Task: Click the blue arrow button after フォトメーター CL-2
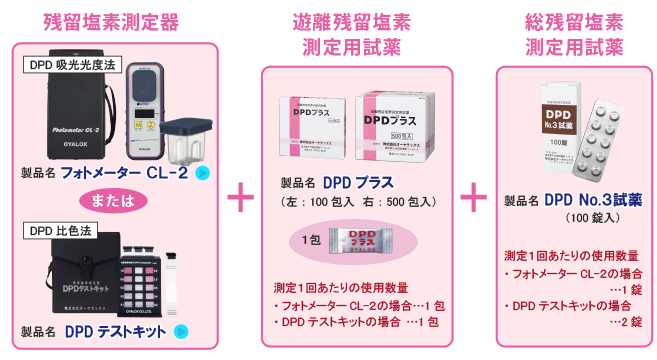[203, 173]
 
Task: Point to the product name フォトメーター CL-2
[124, 173]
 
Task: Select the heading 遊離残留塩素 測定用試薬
[357, 35]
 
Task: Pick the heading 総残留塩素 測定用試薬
[574, 35]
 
